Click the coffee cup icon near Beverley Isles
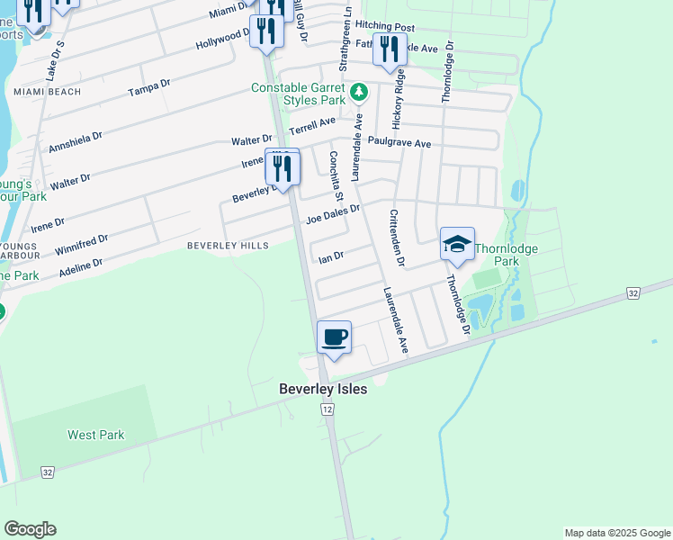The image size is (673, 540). pyautogui.click(x=334, y=338)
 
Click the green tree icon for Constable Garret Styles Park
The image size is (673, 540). pyautogui.click(x=359, y=92)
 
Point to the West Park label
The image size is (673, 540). pyautogui.click(x=95, y=435)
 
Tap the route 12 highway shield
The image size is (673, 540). pyautogui.click(x=328, y=409)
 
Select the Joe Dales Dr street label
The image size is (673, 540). pyautogui.click(x=333, y=213)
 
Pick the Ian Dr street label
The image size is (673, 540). pyautogui.click(x=331, y=257)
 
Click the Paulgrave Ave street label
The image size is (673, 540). pyautogui.click(x=399, y=143)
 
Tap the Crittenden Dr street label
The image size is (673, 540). pyautogui.click(x=396, y=238)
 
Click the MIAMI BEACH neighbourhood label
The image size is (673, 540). pyautogui.click(x=47, y=92)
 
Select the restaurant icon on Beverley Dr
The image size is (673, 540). pyautogui.click(x=283, y=167)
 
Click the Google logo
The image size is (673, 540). pyautogui.click(x=30, y=529)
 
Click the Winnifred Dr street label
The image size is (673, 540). pyautogui.click(x=82, y=245)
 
